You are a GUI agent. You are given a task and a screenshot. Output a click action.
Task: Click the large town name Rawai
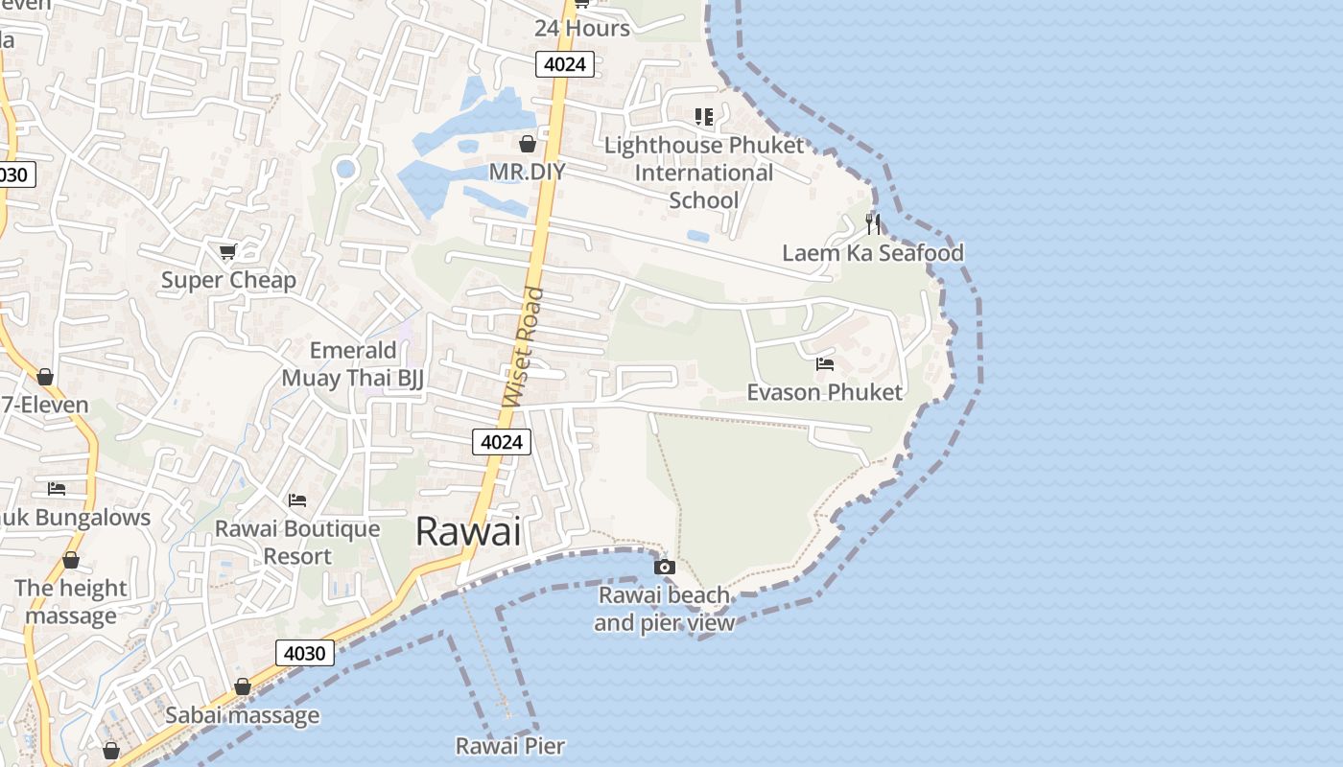[x=468, y=531]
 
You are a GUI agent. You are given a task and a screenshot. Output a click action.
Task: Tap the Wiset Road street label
[x=523, y=347]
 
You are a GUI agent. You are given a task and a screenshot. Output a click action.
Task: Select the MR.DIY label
[x=527, y=172]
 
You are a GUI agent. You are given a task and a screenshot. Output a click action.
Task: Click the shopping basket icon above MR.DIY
[x=527, y=145]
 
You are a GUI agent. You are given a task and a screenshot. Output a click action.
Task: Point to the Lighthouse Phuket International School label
[x=704, y=173]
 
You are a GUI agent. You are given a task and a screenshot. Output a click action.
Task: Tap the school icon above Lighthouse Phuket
[x=704, y=117]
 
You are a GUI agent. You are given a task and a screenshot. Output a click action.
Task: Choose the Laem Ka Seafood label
[x=872, y=253]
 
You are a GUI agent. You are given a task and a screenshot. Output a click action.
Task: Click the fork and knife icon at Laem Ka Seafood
[x=872, y=224]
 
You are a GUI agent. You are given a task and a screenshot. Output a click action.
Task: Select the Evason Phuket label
[x=824, y=392]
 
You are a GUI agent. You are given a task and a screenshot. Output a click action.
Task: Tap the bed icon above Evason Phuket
[x=824, y=364]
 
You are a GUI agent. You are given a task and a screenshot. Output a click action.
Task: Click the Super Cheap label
[x=228, y=280]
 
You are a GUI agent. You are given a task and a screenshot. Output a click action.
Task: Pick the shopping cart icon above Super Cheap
[x=227, y=251]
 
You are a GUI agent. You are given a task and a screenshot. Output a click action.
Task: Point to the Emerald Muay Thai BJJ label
[x=352, y=364]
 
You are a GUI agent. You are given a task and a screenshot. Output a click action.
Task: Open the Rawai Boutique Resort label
[x=296, y=543]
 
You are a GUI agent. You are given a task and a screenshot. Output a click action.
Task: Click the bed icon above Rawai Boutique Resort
[x=296, y=500]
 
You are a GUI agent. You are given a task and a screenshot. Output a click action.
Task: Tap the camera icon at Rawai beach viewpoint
[x=664, y=568]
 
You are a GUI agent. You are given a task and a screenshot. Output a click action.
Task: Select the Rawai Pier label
[x=509, y=746]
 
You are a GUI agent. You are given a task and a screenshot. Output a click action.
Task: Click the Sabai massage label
[x=242, y=715]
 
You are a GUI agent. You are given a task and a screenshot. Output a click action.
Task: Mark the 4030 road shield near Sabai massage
[x=305, y=653]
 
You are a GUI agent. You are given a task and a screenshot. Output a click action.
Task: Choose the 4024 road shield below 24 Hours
[x=565, y=64]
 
